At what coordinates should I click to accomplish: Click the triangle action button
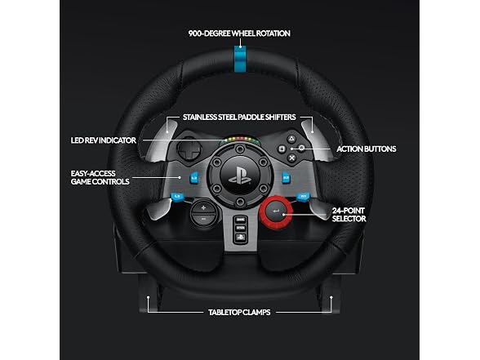(291, 140)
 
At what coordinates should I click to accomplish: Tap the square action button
(282, 149)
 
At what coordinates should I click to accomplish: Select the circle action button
(301, 149)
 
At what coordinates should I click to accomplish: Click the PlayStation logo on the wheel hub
(240, 176)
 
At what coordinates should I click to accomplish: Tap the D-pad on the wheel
(189, 149)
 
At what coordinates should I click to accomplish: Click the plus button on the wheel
(203, 208)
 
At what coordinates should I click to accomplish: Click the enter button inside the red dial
(276, 211)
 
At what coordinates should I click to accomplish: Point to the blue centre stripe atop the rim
(240, 59)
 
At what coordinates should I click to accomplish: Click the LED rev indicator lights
(241, 140)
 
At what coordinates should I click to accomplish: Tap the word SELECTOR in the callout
(349, 219)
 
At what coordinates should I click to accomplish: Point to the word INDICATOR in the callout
(118, 140)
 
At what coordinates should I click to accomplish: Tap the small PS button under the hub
(241, 237)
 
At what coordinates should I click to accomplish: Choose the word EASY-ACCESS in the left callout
(93, 174)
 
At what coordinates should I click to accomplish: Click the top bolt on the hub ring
(240, 149)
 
